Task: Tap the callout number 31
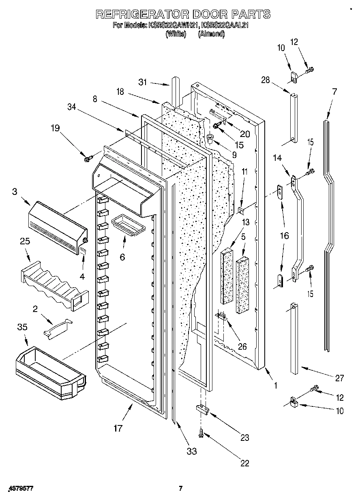(142, 82)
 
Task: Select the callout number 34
(72, 107)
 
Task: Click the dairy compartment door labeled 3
(57, 227)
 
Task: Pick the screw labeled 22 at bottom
(201, 434)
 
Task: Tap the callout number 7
(334, 92)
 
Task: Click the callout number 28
(266, 80)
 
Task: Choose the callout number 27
(339, 378)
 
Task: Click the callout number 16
(285, 235)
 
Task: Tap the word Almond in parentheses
(211, 34)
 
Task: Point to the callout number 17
(118, 428)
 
